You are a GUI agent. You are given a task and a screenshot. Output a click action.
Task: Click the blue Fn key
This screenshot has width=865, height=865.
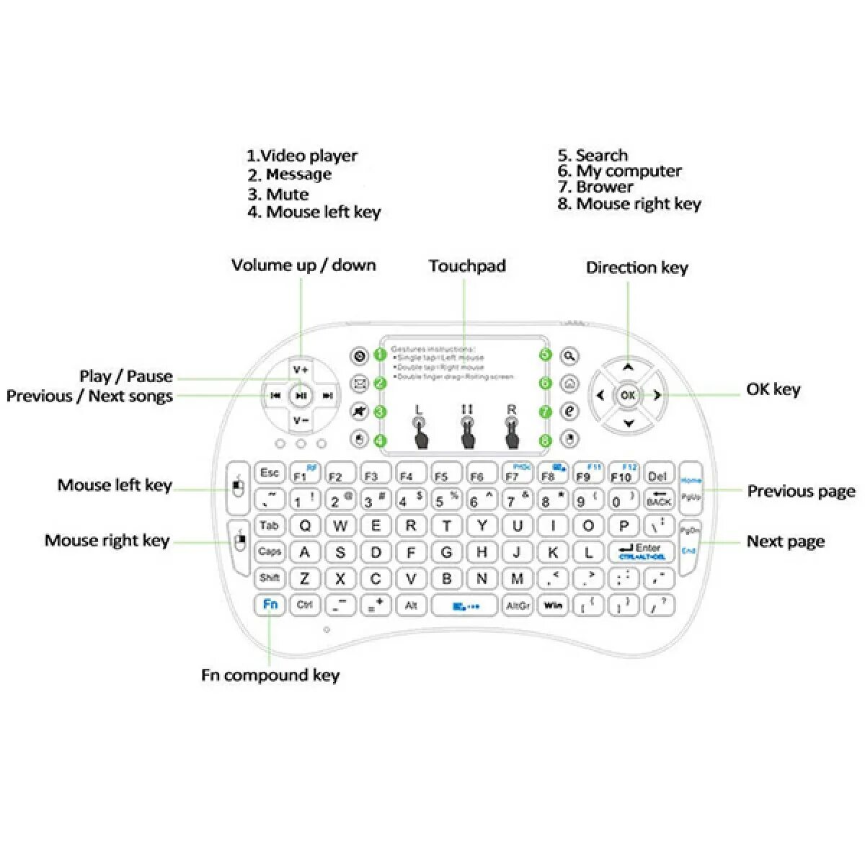(270, 604)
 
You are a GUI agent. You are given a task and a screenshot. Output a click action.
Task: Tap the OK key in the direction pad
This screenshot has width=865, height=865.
(628, 395)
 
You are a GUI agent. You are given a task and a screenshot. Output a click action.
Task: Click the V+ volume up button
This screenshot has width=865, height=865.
(301, 369)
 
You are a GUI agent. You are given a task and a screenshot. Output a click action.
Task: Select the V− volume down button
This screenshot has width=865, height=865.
(301, 421)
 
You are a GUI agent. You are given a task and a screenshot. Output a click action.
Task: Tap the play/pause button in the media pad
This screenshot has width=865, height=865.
(301, 395)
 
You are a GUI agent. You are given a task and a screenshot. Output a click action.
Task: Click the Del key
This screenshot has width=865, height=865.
(657, 476)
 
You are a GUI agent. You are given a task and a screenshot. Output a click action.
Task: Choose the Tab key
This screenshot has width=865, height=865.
(269, 525)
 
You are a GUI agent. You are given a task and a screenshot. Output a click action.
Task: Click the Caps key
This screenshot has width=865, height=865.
(269, 551)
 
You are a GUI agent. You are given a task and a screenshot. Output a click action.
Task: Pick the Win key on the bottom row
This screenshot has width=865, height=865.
(553, 605)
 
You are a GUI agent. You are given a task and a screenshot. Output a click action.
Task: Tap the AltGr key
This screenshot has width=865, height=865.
(518, 605)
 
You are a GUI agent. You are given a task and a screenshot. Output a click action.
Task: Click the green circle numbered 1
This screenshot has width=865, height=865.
(380, 355)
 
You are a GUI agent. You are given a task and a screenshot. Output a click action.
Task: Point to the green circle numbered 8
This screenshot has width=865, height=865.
(546, 440)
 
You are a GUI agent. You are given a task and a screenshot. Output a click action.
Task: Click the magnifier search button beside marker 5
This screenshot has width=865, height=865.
(569, 355)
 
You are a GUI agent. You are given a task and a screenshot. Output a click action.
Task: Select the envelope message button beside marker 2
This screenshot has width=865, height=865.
(359, 383)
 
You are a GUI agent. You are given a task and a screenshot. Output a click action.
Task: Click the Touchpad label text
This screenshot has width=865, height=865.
(467, 266)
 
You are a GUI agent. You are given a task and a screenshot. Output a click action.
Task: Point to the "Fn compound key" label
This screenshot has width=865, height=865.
(270, 675)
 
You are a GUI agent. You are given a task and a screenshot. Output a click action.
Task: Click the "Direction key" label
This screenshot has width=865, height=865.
(636, 268)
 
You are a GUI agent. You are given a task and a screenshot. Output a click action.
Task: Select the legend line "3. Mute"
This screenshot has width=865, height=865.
(278, 195)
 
